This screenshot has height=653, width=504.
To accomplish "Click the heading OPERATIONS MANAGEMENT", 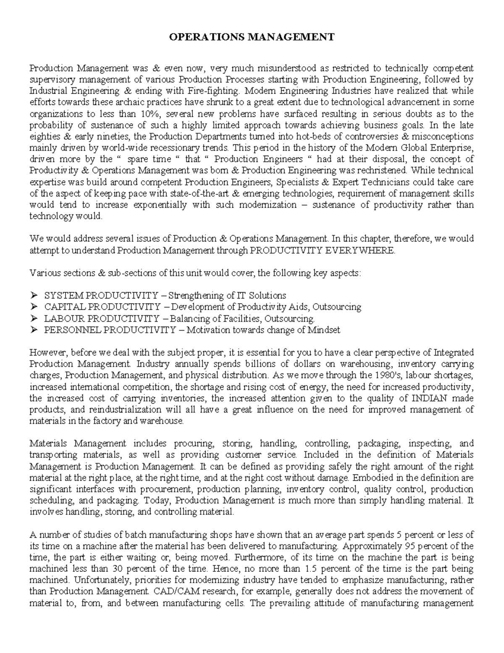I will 252,37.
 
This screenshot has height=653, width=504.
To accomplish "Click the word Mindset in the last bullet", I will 324,330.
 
